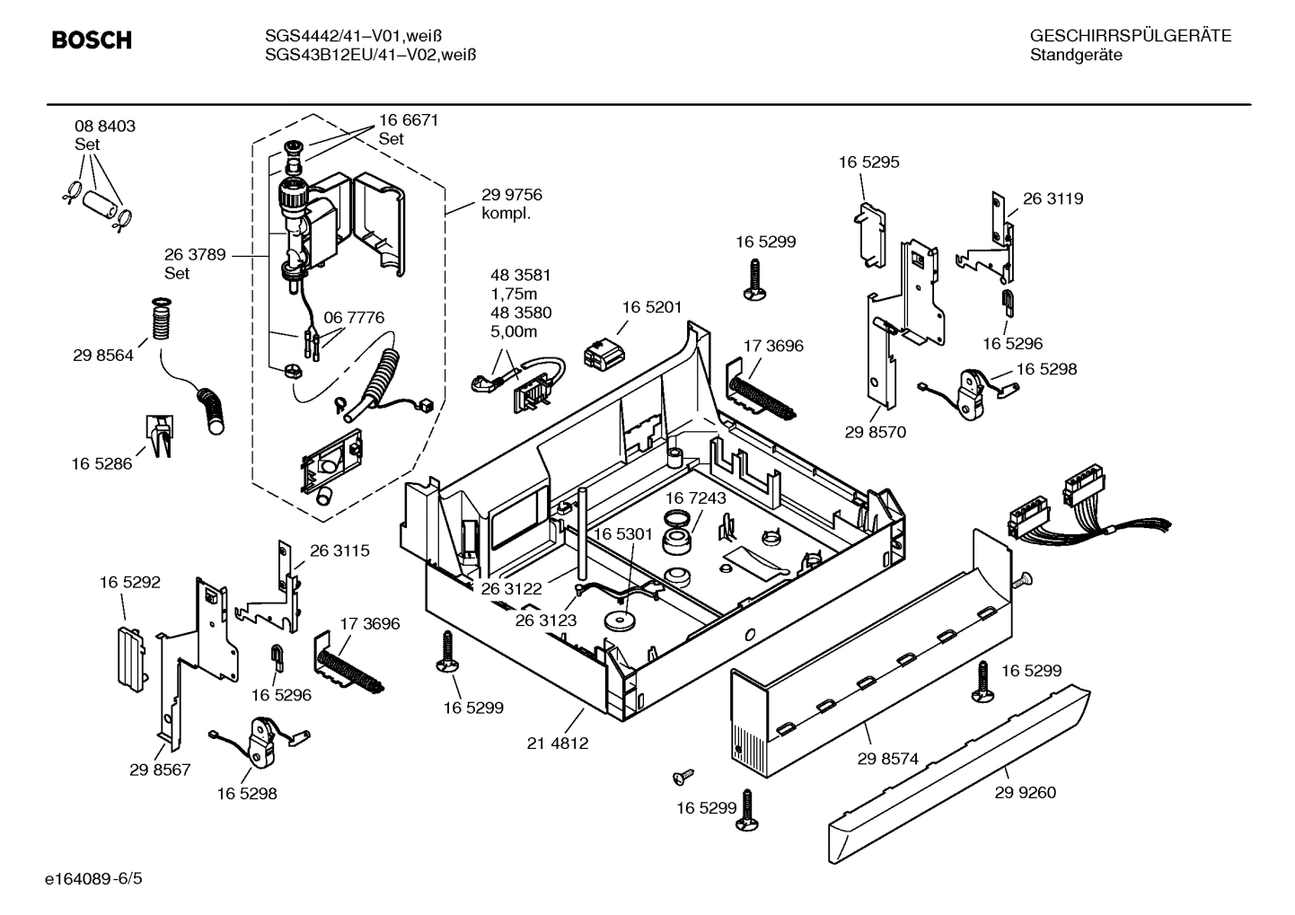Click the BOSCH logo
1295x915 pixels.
click(x=92, y=40)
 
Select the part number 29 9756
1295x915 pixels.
click(x=512, y=195)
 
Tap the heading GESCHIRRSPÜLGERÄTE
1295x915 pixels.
click(x=1130, y=36)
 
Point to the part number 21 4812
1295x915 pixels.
click(x=558, y=743)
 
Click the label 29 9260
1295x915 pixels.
click(x=1026, y=792)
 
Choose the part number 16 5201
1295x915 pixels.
click(x=652, y=307)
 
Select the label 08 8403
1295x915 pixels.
click(x=105, y=127)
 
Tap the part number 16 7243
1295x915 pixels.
click(x=695, y=497)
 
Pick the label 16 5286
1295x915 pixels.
click(x=101, y=463)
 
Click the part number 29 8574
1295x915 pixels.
click(x=887, y=759)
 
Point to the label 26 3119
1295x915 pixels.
click(x=1053, y=199)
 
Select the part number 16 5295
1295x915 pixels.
click(x=868, y=163)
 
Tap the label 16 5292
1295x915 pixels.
click(x=129, y=583)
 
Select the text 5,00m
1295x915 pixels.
click(x=515, y=331)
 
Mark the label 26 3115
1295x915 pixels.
click(x=339, y=550)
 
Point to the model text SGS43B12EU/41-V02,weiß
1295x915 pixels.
click(x=370, y=55)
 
